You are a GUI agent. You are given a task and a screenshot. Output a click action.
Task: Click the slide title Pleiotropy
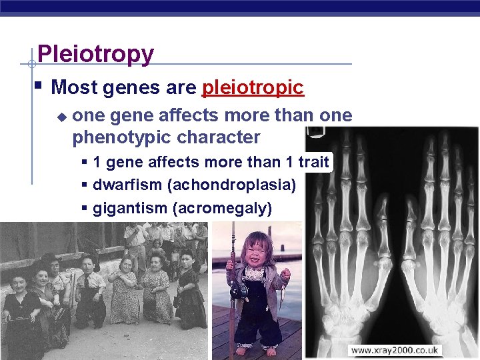tap(95, 54)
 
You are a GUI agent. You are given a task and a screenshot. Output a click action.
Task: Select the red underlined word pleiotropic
tap(253, 87)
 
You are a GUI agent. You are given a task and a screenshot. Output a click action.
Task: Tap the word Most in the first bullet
tap(73, 87)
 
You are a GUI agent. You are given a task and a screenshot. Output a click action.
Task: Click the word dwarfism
tap(122, 185)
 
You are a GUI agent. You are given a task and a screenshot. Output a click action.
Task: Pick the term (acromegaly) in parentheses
tap(222, 209)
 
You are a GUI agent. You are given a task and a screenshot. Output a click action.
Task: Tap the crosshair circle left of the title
tap(31, 65)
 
